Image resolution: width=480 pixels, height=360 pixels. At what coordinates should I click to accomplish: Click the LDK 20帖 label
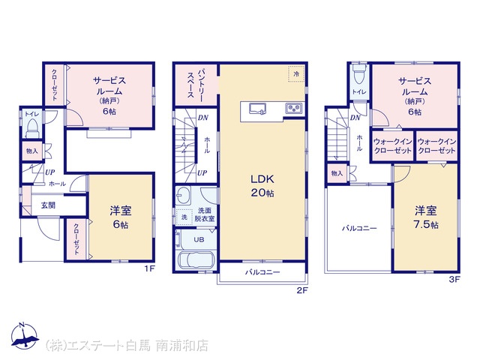coord(262,186)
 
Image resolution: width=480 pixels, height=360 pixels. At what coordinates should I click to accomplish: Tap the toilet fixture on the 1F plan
coord(31,129)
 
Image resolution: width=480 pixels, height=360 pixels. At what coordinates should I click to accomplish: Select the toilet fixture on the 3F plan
coord(359,73)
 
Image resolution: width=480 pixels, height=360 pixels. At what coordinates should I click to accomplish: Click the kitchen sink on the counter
coord(257,108)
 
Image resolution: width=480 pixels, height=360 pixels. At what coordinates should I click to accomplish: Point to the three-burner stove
coord(294,108)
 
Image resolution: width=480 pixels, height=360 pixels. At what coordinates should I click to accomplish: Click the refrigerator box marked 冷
coord(296,73)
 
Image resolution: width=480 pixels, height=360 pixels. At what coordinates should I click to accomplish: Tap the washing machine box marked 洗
coord(184,217)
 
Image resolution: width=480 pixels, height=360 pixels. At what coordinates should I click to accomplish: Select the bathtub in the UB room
coord(195,261)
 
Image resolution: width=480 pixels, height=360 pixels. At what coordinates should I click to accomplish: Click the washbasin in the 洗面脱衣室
coord(183,194)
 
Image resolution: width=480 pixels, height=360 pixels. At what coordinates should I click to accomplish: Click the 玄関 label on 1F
coord(48,205)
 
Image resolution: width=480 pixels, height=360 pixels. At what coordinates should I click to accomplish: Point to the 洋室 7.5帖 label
coord(426,217)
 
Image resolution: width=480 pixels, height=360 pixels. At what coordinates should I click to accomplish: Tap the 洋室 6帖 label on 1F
coord(121,217)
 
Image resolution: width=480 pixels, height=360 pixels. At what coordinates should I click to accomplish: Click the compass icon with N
coord(25,335)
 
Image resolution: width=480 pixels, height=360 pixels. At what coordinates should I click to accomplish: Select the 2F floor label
coord(301,290)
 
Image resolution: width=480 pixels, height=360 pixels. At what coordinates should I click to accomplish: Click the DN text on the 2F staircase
coord(203,118)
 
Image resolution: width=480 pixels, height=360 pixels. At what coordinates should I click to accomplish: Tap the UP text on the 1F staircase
coord(50,172)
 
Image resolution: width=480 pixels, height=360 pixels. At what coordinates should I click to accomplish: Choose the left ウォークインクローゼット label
coord(393,146)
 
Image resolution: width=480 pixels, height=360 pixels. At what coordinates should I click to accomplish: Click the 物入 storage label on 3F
coord(337,173)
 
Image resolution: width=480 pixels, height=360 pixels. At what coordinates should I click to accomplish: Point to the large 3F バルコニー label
coord(359,228)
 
